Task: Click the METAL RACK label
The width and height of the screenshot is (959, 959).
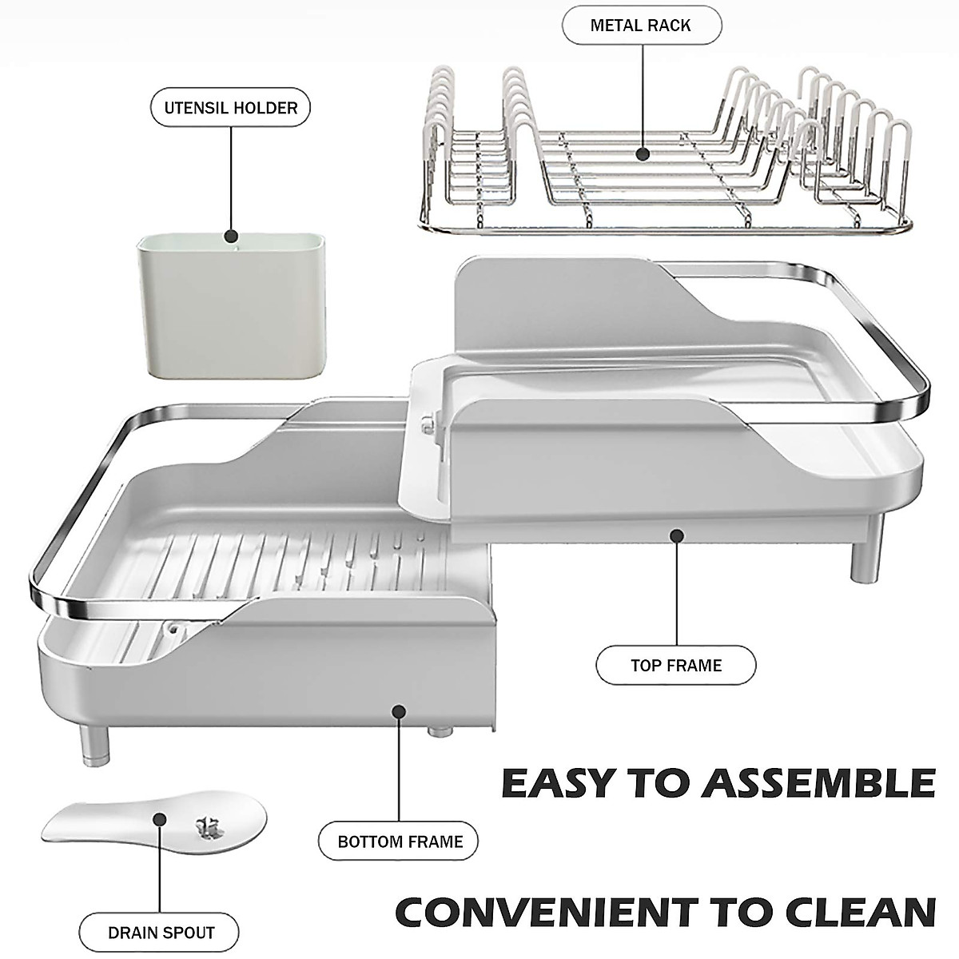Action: [x=641, y=26]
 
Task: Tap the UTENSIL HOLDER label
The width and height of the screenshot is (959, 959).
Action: [x=231, y=108]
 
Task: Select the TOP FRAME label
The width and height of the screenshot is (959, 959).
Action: [x=676, y=665]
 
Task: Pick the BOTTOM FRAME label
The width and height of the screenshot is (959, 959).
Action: [x=400, y=842]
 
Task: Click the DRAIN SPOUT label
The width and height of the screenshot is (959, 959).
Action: [x=161, y=933]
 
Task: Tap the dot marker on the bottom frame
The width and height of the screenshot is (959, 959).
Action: [x=399, y=710]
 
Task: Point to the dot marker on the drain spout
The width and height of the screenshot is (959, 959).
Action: [x=159, y=819]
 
